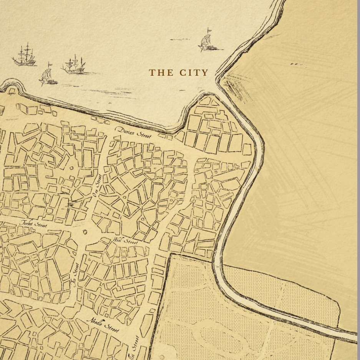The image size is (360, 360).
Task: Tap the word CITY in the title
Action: (x=194, y=73)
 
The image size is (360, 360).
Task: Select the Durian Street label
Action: (x=134, y=133)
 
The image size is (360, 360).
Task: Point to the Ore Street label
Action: (x=97, y=186)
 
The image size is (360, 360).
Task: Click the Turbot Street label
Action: (x=33, y=224)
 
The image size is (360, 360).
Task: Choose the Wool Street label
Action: (x=125, y=241)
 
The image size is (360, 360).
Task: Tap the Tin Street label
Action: (x=75, y=275)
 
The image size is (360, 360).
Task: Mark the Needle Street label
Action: (x=103, y=325)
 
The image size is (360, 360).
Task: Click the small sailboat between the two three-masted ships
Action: (x=48, y=75)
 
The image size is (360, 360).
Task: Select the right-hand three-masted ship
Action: (x=74, y=65)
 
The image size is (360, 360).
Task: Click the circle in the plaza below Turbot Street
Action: (x=85, y=232)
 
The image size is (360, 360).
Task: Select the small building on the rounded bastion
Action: (x=12, y=91)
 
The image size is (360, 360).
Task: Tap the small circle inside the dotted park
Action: (x=162, y=357)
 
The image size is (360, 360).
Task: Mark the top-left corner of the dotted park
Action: (x=170, y=254)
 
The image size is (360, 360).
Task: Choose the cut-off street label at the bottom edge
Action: (x=135, y=348)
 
